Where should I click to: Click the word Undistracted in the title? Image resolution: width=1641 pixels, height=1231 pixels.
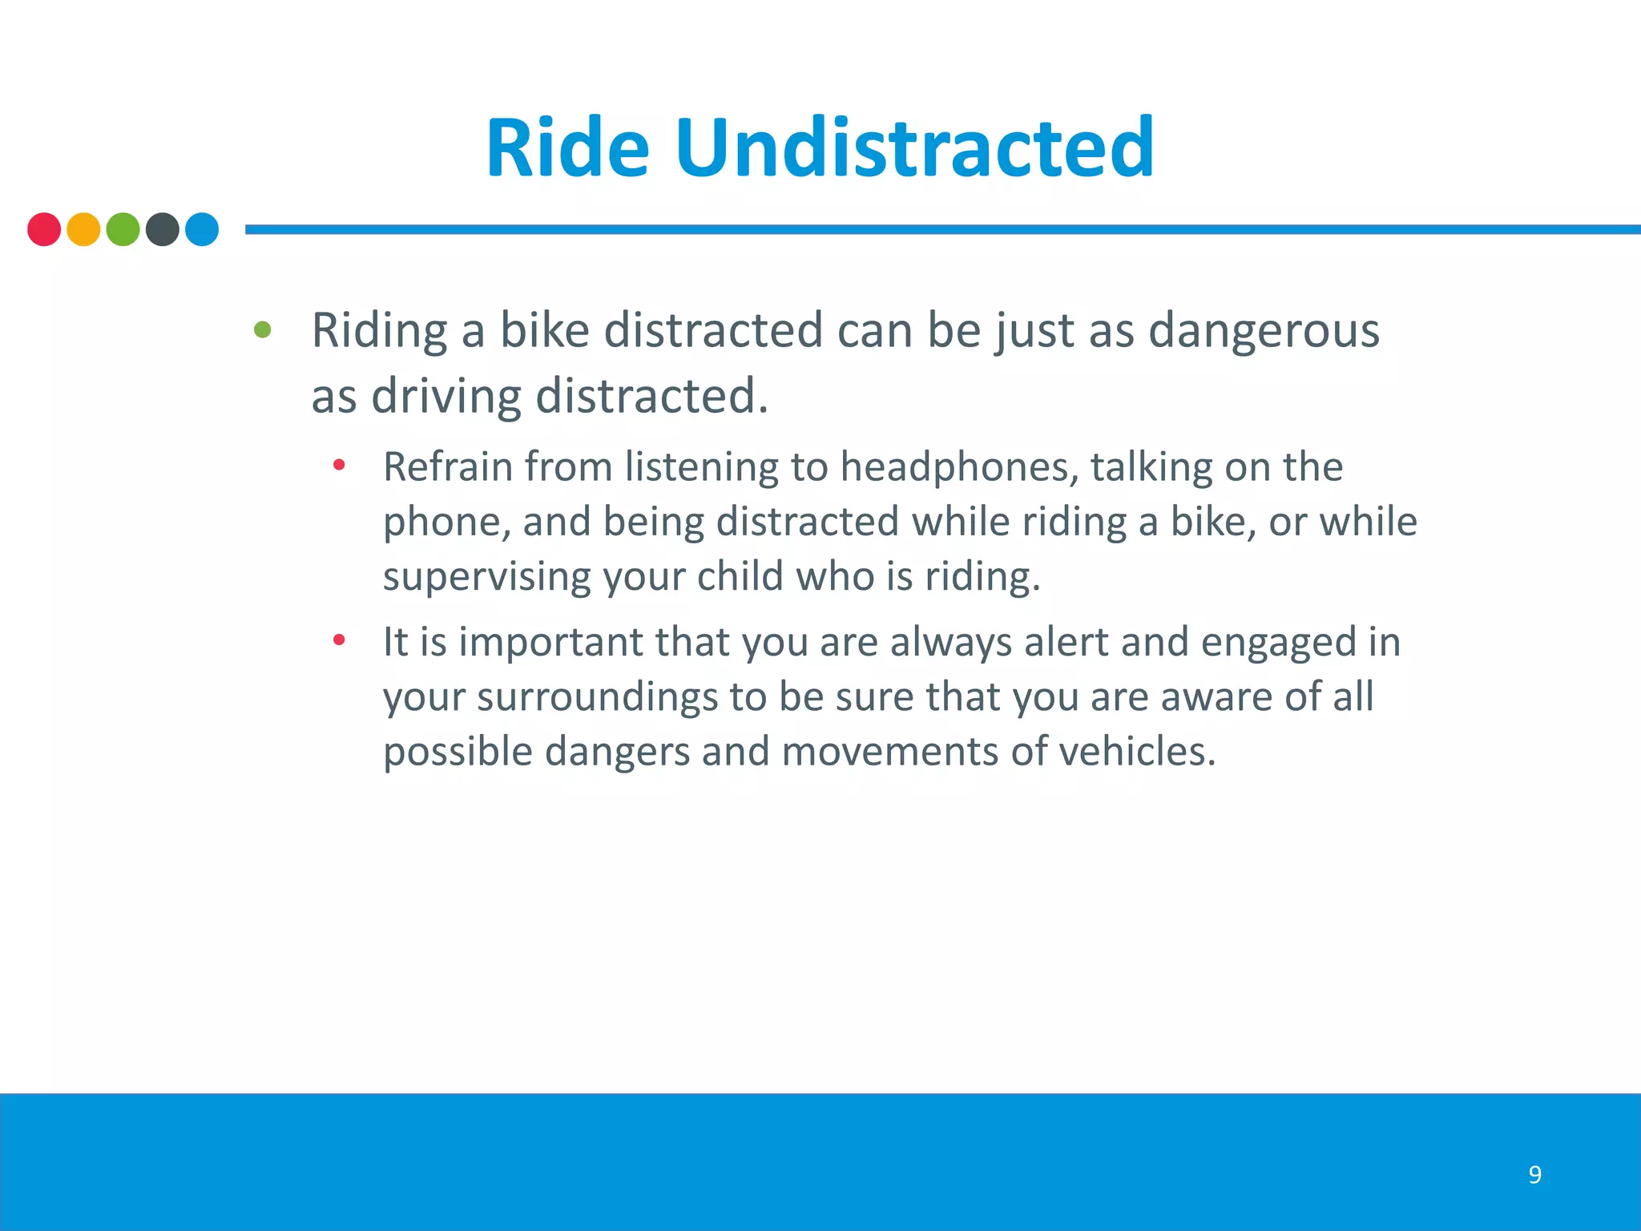point(914,148)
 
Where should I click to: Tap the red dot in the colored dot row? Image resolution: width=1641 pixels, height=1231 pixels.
point(44,229)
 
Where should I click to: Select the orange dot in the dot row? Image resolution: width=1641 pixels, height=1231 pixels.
point(83,229)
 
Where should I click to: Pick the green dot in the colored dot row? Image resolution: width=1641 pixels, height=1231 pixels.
point(123,229)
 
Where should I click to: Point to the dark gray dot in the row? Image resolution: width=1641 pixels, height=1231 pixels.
point(163,229)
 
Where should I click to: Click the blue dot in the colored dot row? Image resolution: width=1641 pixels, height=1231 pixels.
point(202,229)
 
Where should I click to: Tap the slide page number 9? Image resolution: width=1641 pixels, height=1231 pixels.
point(1534,1175)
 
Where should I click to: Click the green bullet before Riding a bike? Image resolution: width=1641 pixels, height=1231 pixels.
point(262,329)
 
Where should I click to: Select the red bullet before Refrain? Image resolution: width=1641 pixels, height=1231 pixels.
point(339,465)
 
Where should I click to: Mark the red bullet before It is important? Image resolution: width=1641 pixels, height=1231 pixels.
point(339,640)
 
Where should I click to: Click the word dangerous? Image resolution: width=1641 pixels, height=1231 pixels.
point(1264,331)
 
